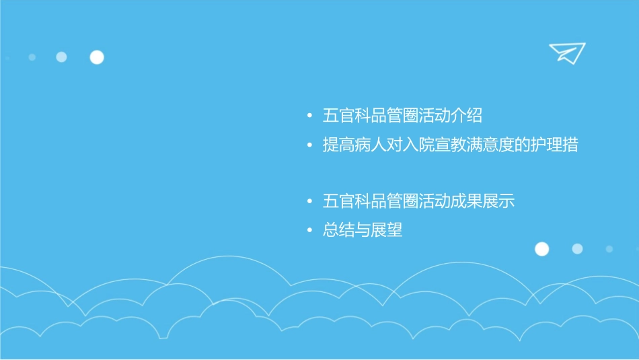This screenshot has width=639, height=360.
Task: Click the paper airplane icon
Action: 566,52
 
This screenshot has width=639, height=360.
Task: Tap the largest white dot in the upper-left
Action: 97,57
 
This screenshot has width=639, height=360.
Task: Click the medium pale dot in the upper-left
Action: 61,57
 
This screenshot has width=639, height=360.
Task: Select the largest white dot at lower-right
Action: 541,249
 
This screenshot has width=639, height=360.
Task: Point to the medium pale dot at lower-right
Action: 577,249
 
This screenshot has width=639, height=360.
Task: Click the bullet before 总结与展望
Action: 309,231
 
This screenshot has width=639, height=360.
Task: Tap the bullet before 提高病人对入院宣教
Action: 309,145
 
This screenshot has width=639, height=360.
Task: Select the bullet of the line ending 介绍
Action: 309,116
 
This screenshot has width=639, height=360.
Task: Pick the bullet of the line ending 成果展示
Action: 309,201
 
